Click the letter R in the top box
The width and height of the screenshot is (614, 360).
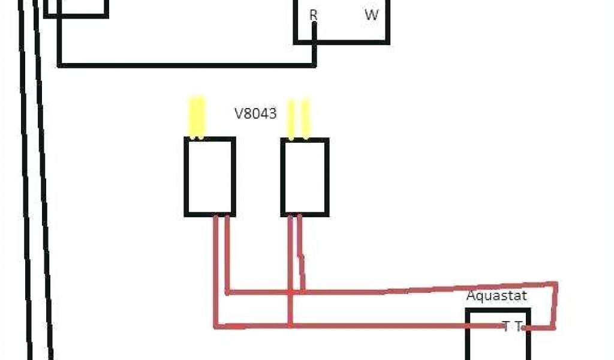click(x=313, y=16)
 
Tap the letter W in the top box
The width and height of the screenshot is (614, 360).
click(x=372, y=16)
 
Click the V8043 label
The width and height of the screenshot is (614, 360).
click(x=255, y=113)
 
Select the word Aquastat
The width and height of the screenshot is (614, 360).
click(x=496, y=296)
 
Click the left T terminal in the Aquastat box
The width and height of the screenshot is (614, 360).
click(x=506, y=326)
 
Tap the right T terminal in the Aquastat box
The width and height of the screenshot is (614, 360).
click(x=519, y=326)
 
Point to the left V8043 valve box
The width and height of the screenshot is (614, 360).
click(x=209, y=176)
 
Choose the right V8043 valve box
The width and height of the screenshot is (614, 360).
click(x=305, y=176)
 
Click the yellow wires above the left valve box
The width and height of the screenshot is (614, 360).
click(x=197, y=116)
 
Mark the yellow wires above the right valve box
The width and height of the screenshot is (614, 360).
click(x=298, y=119)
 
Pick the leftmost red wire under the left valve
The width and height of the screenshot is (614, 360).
click(x=216, y=270)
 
